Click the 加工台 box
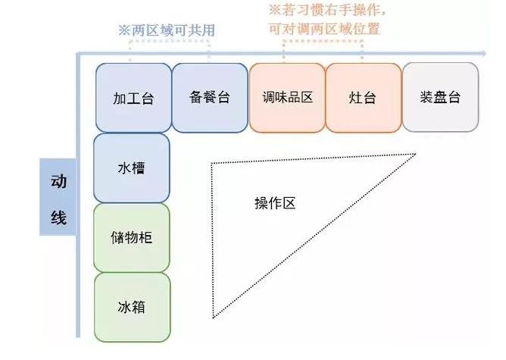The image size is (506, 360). click(x=133, y=98)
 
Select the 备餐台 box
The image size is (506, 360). click(x=210, y=97)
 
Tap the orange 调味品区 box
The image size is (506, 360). click(x=287, y=97)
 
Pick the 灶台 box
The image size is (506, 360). click(x=363, y=98)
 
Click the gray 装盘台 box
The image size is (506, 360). click(x=440, y=97)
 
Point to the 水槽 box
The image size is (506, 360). click(x=132, y=167)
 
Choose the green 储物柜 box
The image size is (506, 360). click(x=132, y=237)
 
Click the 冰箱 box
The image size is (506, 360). click(x=132, y=307)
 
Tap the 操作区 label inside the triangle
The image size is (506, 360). click(x=274, y=203)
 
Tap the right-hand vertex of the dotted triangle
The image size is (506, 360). click(x=416, y=154)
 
